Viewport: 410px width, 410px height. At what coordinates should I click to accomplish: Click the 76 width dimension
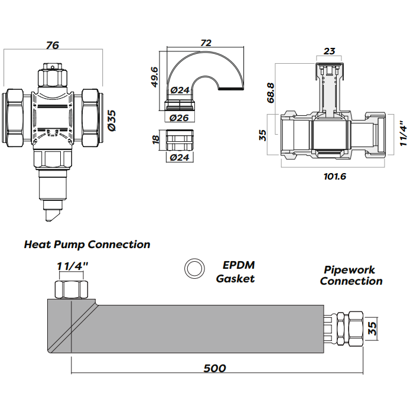coord(53,45)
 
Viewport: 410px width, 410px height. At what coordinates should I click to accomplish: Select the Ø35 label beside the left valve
coord(112,120)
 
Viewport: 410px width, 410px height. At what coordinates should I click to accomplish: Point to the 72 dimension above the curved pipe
coord(206,43)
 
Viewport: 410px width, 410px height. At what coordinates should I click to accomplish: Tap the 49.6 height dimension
coord(154,77)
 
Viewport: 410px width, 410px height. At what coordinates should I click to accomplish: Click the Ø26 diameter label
coord(179,118)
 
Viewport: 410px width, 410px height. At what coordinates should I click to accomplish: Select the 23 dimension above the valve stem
coord(330,51)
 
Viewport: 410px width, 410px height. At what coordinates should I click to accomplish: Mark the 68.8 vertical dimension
coord(271,93)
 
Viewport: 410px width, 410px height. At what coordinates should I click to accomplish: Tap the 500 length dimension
coord(214,368)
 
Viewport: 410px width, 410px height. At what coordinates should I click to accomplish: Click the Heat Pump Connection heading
coord(87,244)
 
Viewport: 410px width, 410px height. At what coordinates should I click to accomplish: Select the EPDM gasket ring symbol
coord(193,269)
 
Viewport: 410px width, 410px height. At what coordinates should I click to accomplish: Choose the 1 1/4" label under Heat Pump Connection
coord(73,266)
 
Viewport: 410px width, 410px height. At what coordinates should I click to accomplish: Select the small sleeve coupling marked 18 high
coord(180,141)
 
